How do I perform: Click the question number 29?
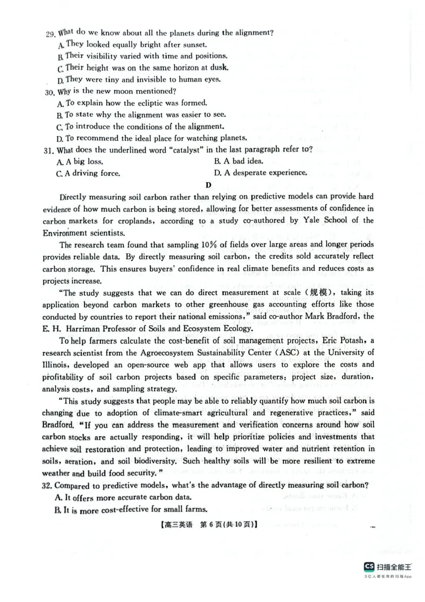[50, 33]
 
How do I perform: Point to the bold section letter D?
[208, 185]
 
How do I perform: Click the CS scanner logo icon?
[369, 566]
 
